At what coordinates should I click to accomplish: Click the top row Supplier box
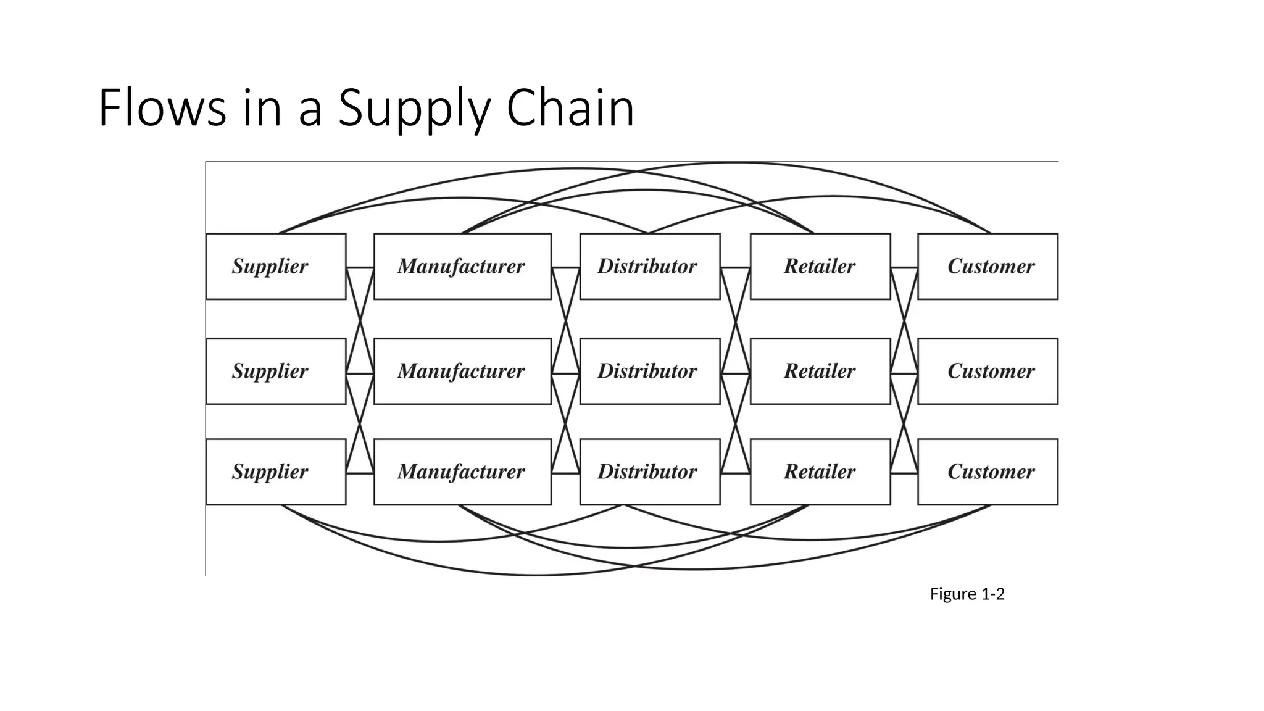(275, 266)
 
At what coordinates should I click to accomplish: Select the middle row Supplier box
(275, 371)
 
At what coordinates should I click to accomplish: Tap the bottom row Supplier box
(275, 472)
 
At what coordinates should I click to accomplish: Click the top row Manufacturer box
(462, 266)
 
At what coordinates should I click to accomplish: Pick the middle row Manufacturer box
(462, 371)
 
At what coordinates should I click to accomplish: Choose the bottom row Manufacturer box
(462, 472)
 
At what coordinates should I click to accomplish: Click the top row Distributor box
(649, 266)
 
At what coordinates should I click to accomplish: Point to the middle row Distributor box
(649, 371)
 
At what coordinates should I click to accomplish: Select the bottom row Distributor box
(649, 472)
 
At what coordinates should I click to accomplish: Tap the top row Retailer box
(820, 266)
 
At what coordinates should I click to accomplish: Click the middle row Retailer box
(820, 371)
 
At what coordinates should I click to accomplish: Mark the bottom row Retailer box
(820, 472)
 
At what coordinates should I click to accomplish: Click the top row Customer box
(987, 266)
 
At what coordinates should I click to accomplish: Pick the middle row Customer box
(987, 371)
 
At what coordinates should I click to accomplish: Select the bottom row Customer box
(987, 472)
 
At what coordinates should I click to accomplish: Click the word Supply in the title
(414, 109)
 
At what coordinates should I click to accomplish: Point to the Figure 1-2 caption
(967, 594)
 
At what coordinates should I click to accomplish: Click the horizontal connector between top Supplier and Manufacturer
(360, 268)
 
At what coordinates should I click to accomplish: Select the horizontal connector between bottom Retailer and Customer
(904, 473)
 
